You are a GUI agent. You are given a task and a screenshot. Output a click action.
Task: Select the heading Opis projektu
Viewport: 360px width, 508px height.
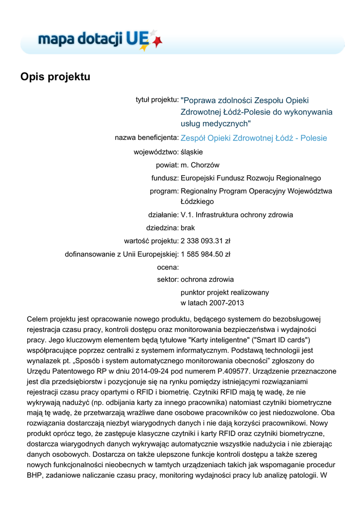pos(55,77)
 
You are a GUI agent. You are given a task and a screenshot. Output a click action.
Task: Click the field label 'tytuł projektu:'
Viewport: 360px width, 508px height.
pos(157,100)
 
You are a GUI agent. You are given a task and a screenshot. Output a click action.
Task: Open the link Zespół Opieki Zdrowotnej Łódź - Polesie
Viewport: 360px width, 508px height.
pos(254,138)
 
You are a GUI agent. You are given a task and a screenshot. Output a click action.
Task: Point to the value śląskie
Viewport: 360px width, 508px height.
pos(192,152)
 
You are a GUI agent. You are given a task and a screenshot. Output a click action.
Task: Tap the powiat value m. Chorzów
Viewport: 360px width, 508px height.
pos(200,165)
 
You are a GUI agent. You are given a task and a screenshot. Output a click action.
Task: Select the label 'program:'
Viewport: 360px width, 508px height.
pos(164,190)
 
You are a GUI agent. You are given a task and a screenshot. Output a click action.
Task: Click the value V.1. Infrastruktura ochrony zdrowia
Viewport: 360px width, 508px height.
pos(237,215)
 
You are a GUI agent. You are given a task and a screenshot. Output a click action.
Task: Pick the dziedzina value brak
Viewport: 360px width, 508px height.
pos(188,228)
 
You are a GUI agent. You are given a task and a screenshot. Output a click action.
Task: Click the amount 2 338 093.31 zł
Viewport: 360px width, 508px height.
pos(206,241)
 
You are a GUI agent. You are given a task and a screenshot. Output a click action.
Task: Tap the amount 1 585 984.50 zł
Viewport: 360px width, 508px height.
pos(206,254)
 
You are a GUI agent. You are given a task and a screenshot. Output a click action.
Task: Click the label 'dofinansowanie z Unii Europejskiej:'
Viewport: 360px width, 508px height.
pos(122,254)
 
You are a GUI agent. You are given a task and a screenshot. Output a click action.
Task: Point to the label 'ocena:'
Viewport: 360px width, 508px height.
pos(167,267)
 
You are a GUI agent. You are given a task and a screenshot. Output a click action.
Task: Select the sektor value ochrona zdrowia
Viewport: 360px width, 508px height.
pos(207,279)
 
